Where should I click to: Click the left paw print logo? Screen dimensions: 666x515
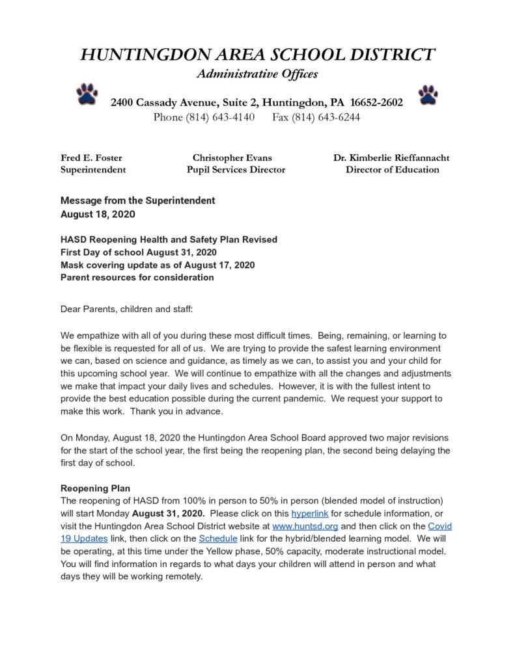[x=87, y=95]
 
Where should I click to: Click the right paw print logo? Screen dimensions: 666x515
[x=428, y=95]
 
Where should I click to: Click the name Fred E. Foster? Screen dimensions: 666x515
[x=91, y=157]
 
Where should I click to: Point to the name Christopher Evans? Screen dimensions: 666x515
[x=232, y=157]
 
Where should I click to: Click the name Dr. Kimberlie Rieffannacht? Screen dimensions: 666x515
[x=391, y=157]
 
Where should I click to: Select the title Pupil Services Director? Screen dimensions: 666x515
[x=235, y=170]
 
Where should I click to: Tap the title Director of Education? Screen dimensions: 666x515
[x=392, y=170]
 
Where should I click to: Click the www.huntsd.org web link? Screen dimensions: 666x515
[x=305, y=526]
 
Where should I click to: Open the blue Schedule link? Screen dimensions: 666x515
[x=215, y=538]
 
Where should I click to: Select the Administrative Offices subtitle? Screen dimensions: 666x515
[x=257, y=74]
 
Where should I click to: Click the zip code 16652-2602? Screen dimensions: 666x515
[x=376, y=102]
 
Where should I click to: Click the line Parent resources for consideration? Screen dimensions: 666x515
[x=137, y=278]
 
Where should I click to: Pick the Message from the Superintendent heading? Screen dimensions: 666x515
[x=137, y=201]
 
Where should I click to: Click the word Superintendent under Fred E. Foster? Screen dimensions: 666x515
[x=93, y=170]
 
